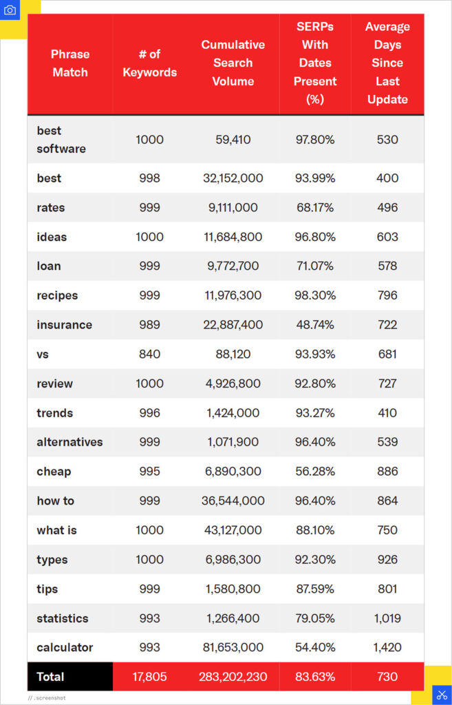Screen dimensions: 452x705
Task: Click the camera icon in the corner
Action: pos(10,10)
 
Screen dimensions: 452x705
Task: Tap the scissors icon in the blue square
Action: pos(442,694)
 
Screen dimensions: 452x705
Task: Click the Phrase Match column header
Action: pos(70,63)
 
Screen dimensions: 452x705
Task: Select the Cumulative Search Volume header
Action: pos(233,63)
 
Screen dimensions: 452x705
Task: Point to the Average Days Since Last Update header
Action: pos(387,63)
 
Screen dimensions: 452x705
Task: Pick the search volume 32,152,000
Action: pos(233,178)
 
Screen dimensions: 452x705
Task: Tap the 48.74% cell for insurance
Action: pos(314,325)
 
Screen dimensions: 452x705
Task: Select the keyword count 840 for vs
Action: pos(149,354)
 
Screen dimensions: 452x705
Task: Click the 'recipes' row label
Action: pos(57,295)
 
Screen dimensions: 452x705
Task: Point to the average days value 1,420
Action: pos(387,647)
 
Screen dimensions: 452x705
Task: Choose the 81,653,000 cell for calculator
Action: pos(233,647)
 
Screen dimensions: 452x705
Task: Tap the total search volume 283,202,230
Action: pos(233,677)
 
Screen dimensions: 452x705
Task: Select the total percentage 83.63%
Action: pos(314,677)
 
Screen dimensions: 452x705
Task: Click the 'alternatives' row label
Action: pos(69,442)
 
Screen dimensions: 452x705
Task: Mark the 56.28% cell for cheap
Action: pos(314,472)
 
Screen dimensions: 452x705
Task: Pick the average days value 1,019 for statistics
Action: pos(387,618)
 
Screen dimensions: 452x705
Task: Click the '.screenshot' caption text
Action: pos(49,697)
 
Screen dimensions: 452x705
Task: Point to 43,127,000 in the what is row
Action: pos(233,530)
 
